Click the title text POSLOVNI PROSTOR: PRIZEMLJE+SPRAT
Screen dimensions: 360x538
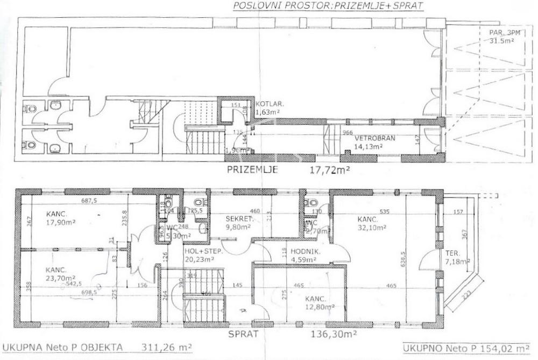328,6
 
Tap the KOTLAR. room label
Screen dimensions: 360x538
267,104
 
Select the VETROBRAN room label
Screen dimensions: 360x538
374,138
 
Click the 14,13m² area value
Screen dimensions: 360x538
368,146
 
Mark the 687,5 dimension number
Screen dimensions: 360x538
88,201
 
